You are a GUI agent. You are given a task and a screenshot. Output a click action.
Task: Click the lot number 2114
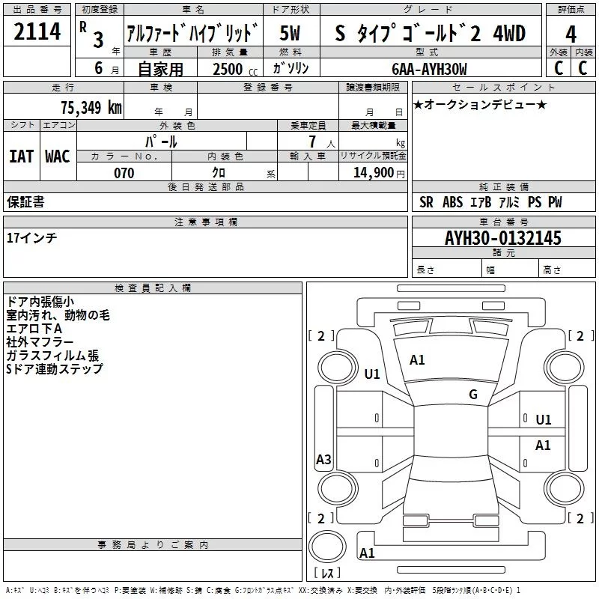[x=37, y=32]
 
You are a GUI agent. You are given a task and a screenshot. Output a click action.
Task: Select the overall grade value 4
[x=571, y=34]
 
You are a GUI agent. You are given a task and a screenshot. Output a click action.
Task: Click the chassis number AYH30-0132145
[x=502, y=239]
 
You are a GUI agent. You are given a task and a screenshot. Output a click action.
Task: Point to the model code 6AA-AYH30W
[x=429, y=69]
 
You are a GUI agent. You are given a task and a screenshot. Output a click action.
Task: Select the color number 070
[x=124, y=174]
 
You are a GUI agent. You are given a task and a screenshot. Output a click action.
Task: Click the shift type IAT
[x=21, y=156]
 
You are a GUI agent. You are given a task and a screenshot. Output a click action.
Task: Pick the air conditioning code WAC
[x=57, y=156]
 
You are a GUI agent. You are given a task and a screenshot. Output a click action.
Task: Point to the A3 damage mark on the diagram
[x=323, y=460]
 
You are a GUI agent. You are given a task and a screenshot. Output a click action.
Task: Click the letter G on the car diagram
[x=473, y=395]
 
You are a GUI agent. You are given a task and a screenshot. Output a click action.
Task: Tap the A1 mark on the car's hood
[x=417, y=360]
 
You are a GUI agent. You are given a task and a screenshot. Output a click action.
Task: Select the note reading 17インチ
[x=31, y=237]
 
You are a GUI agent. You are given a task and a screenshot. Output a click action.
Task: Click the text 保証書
[x=25, y=202]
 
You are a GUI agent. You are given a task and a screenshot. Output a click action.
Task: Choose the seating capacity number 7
[x=310, y=142]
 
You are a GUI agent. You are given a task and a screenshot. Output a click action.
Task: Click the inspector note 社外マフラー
[x=40, y=342]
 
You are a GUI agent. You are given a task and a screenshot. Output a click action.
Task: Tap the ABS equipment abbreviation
[x=453, y=202]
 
